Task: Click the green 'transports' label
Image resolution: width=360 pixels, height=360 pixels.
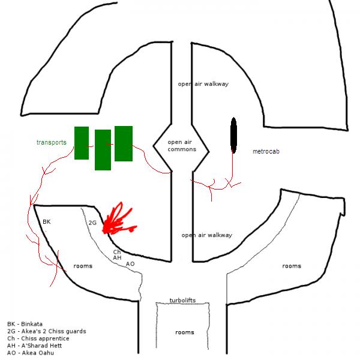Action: click(x=51, y=143)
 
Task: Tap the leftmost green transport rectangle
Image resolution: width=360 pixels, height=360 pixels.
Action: click(x=82, y=143)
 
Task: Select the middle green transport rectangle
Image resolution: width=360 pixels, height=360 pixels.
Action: click(x=103, y=150)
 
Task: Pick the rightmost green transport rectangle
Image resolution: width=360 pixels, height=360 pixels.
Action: click(x=124, y=143)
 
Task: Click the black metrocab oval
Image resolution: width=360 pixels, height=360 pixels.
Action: click(x=233, y=136)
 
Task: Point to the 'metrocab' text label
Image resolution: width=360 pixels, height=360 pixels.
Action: click(x=266, y=152)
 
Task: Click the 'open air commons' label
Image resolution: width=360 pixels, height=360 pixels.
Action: click(x=180, y=145)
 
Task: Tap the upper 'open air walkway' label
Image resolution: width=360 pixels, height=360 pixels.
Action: click(x=203, y=84)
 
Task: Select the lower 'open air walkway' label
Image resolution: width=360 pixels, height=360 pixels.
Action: click(x=206, y=235)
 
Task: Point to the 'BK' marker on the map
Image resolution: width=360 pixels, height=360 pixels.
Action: click(x=47, y=222)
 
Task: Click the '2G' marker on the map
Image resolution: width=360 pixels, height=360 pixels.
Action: click(x=92, y=223)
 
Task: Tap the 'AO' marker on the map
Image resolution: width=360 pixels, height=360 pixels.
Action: click(x=130, y=264)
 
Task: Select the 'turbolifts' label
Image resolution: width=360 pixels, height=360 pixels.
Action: click(x=182, y=300)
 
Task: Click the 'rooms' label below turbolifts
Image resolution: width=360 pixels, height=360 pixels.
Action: click(x=184, y=332)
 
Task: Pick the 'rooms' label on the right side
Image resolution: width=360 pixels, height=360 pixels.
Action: click(x=291, y=266)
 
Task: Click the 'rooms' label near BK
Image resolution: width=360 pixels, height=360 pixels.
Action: click(x=83, y=266)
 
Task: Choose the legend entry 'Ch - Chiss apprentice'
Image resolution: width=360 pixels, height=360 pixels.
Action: click(x=38, y=338)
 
